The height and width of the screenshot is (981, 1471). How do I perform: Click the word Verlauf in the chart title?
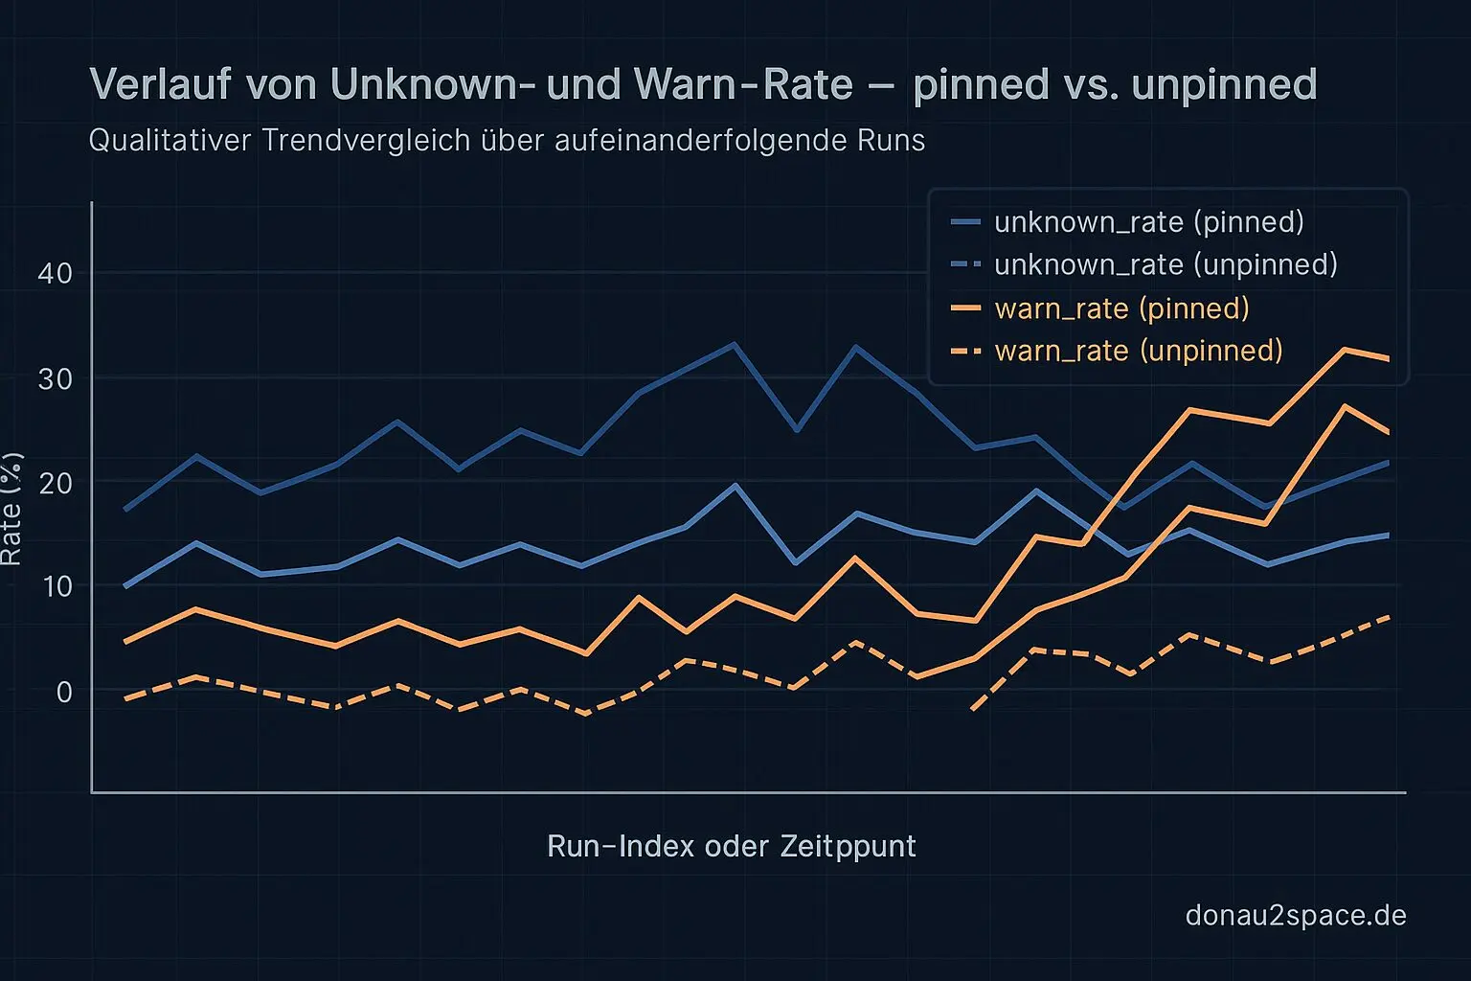pyautogui.click(x=160, y=84)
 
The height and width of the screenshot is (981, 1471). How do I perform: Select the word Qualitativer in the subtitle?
pyautogui.click(x=170, y=141)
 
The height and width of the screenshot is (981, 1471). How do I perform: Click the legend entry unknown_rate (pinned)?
pyautogui.click(x=1148, y=222)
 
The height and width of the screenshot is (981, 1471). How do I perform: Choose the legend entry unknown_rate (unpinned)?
pyautogui.click(x=1165, y=264)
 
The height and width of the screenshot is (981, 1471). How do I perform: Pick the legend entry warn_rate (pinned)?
pyautogui.click(x=1121, y=308)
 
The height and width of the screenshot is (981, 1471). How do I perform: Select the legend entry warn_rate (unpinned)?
pyautogui.click(x=1138, y=351)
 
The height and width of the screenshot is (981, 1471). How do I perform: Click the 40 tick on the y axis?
pyautogui.click(x=55, y=273)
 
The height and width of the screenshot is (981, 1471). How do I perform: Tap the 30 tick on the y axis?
pyautogui.click(x=55, y=378)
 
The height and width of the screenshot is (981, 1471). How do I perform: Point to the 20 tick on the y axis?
pyautogui.click(x=55, y=482)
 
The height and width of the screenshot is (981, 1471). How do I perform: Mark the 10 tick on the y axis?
pyautogui.click(x=55, y=585)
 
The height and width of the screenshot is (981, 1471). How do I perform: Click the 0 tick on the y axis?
pyautogui.click(x=63, y=691)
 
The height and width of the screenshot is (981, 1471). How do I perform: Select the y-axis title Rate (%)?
pyautogui.click(x=11, y=508)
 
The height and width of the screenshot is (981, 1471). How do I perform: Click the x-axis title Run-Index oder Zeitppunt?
pyautogui.click(x=731, y=847)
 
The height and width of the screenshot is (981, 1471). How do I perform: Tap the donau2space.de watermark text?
pyautogui.click(x=1295, y=916)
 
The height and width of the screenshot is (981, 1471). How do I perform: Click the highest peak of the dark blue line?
pyautogui.click(x=734, y=344)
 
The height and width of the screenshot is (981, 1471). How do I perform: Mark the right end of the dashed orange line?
pyautogui.click(x=1388, y=617)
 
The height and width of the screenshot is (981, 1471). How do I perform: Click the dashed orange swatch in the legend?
pyautogui.click(x=965, y=352)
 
